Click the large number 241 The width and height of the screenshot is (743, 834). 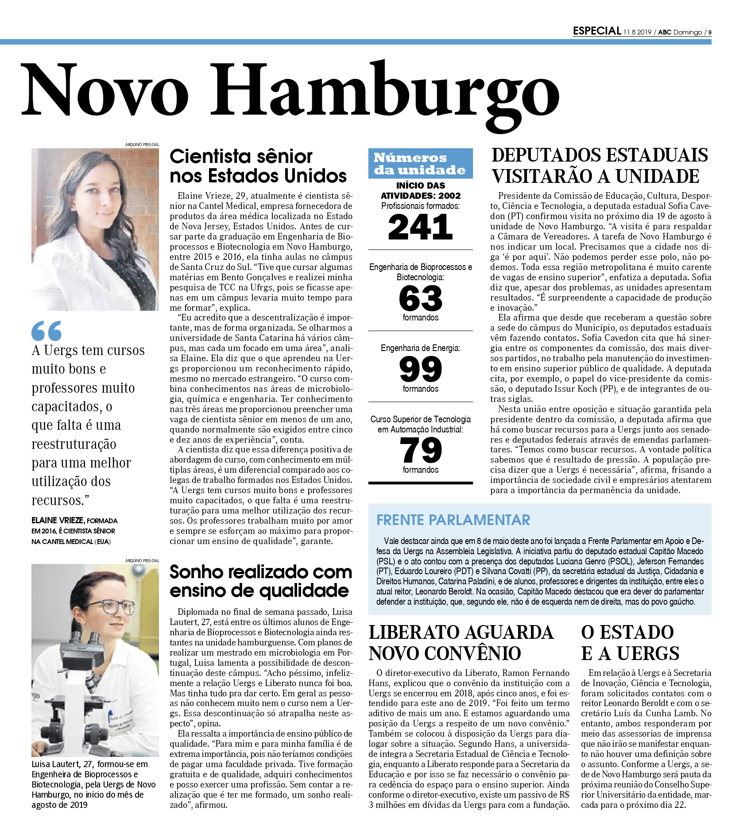[420, 227]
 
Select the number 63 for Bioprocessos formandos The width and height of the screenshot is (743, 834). [420, 299]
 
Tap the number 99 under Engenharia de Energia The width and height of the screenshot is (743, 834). [420, 369]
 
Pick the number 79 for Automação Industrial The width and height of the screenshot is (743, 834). [420, 450]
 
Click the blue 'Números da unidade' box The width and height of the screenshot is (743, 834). [420, 164]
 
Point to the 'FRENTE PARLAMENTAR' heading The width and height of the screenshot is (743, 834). [453, 520]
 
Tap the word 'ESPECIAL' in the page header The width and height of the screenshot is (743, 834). [596, 31]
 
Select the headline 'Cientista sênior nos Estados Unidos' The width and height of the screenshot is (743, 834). [258, 166]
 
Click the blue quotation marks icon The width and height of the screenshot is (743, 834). [46, 331]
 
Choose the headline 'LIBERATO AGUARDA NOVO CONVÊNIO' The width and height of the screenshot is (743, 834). [461, 643]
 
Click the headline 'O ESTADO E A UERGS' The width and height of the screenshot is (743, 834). [630, 643]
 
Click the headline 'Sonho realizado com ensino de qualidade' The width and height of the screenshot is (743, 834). [260, 581]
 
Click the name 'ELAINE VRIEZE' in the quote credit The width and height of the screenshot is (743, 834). [58, 521]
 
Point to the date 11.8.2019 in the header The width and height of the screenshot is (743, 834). [637, 32]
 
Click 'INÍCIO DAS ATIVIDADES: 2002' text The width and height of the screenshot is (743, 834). [420, 190]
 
